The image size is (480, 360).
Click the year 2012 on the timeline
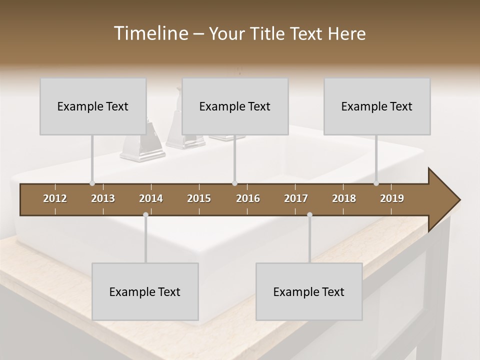[x=55, y=198]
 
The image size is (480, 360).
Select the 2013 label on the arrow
[x=103, y=198]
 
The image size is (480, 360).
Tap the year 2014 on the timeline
[x=151, y=198]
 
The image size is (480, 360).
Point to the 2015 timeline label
[x=199, y=198]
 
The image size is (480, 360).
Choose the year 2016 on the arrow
[x=248, y=198]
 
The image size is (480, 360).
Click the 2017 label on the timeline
[x=296, y=198]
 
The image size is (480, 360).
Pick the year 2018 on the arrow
[x=344, y=198]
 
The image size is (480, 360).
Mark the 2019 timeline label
[x=392, y=198]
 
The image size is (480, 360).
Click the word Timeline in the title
[x=150, y=33]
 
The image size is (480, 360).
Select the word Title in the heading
[x=268, y=33]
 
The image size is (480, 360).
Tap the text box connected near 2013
[x=93, y=106]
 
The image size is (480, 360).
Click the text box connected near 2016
[x=235, y=106]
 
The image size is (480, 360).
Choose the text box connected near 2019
[x=377, y=106]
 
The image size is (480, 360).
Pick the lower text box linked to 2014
[x=145, y=291]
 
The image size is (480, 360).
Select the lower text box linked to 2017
[x=309, y=291]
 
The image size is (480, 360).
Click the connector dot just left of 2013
[x=92, y=183]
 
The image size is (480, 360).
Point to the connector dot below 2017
[x=309, y=215]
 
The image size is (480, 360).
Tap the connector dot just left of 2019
[x=376, y=183]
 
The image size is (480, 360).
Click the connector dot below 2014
[x=145, y=215]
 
